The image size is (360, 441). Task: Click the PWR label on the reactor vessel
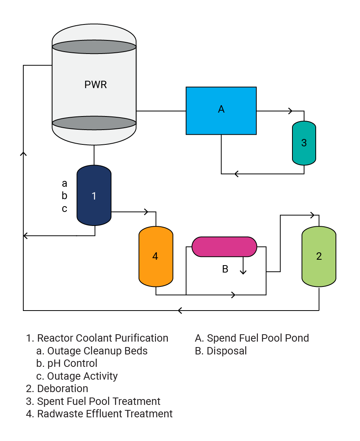[x=96, y=85]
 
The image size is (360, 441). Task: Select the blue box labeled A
[x=221, y=111]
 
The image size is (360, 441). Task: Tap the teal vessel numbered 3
[x=304, y=143]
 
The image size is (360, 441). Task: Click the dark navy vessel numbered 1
[x=94, y=196]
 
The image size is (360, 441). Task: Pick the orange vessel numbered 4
[x=155, y=256]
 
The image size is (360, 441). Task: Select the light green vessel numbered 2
[x=319, y=256]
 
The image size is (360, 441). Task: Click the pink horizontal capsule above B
[x=224, y=247]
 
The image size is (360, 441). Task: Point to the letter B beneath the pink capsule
[x=225, y=269]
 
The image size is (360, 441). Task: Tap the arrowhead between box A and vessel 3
[x=290, y=111]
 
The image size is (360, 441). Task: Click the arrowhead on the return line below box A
[x=236, y=174]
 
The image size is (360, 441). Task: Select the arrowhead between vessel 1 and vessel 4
[x=146, y=212]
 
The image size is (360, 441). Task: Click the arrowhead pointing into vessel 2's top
[x=311, y=215]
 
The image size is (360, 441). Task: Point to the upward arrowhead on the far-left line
[x=23, y=154]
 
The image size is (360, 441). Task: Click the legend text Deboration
[x=62, y=388]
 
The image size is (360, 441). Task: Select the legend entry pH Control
[x=72, y=363]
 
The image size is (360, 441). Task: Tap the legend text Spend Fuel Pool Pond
[x=257, y=338]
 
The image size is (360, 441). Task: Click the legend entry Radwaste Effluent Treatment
[x=104, y=414]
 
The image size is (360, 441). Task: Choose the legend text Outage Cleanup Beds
[x=97, y=351]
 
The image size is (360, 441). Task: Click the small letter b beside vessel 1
[x=64, y=196]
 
